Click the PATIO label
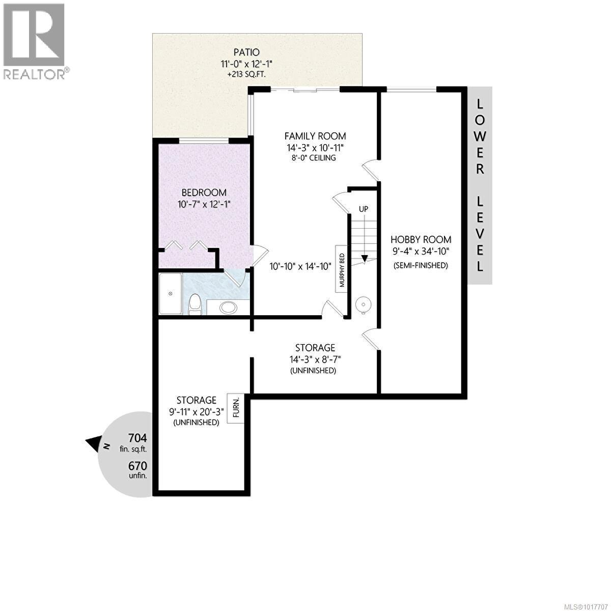pyautogui.click(x=246, y=52)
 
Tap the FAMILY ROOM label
pyautogui.click(x=315, y=136)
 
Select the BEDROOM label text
pyautogui.click(x=204, y=192)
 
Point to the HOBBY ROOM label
pyautogui.click(x=421, y=239)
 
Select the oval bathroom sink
pyautogui.click(x=228, y=308)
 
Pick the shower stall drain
pyautogui.click(x=171, y=294)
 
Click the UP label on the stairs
pyautogui.click(x=364, y=209)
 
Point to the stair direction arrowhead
pyautogui.click(x=365, y=259)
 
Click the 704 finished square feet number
pyautogui.click(x=137, y=438)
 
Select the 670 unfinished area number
pyautogui.click(x=137, y=466)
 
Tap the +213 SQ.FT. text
pyautogui.click(x=246, y=74)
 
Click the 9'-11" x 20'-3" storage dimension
pyautogui.click(x=197, y=411)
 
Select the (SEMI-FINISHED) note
pyautogui.click(x=421, y=265)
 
